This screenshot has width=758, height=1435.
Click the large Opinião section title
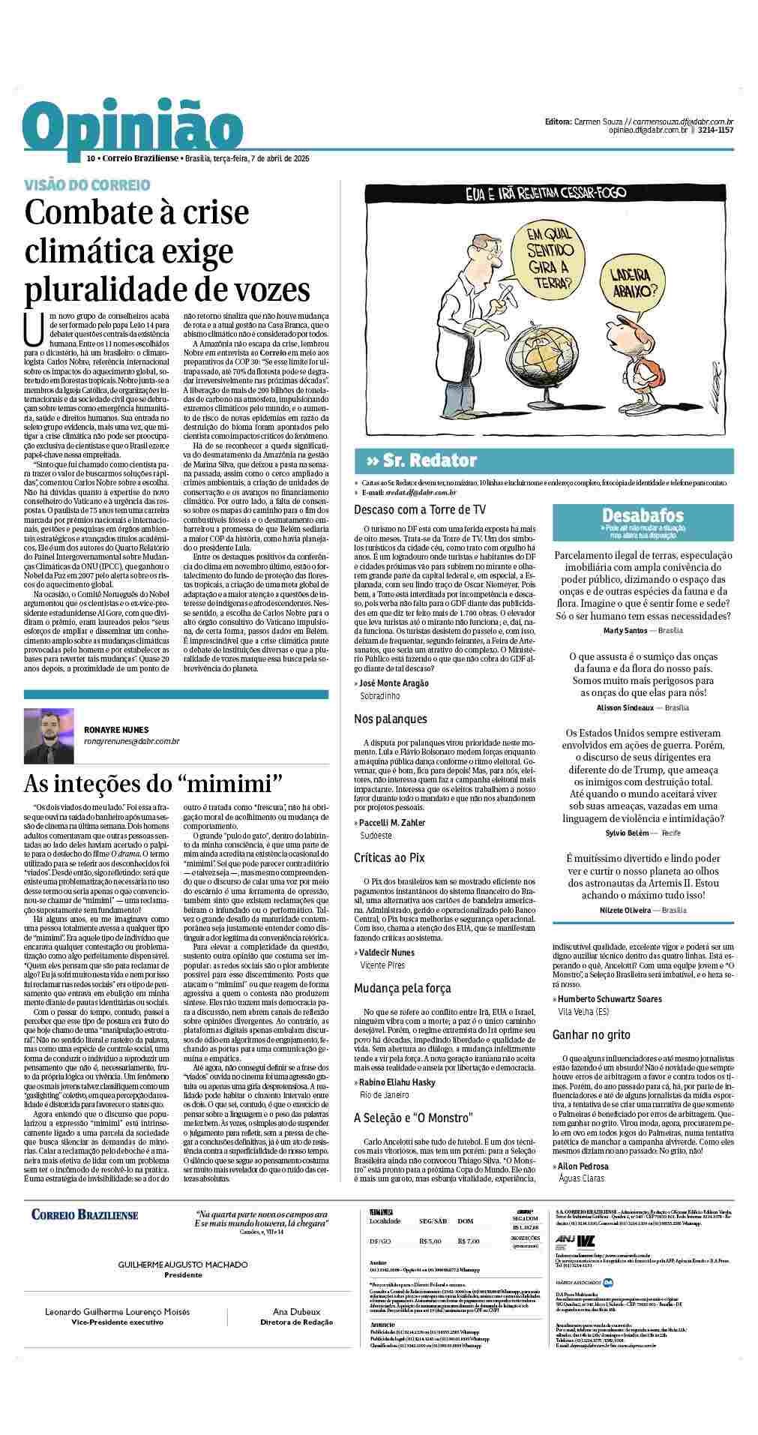(127, 129)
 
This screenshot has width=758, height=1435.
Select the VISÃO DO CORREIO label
(87, 185)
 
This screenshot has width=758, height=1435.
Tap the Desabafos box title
(643, 515)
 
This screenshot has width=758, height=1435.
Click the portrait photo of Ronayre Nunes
(49, 735)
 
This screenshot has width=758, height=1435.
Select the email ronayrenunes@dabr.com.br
(131, 741)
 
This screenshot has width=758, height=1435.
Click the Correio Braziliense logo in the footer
(85, 1214)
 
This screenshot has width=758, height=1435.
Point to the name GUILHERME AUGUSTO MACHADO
(183, 1265)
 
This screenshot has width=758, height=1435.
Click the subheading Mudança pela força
(401, 989)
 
